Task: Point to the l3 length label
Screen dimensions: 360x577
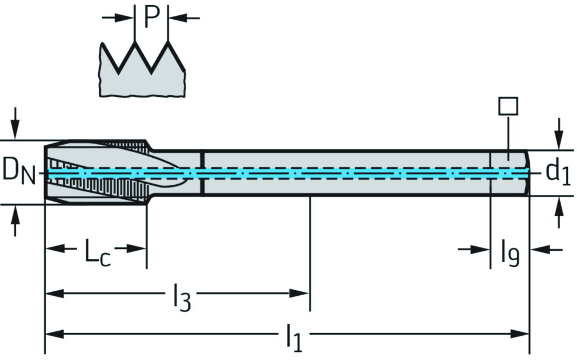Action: tap(181, 299)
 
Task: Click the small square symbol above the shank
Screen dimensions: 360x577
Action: tap(508, 106)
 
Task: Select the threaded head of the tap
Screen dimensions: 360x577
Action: tap(96, 172)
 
